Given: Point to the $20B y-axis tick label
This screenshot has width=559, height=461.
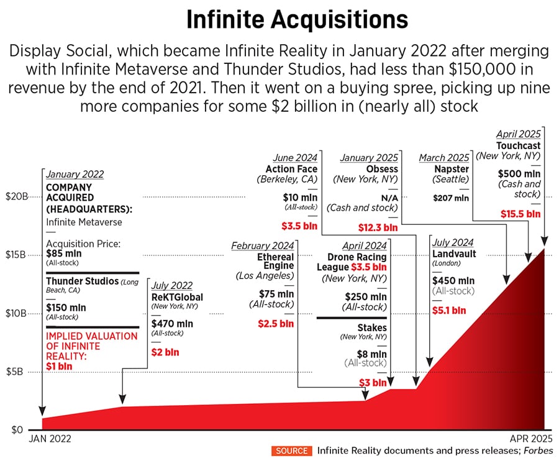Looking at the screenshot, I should point(16,196).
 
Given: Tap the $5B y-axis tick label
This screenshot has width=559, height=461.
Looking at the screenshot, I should point(16,372).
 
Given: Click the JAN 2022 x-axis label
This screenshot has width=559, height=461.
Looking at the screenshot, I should point(50,439).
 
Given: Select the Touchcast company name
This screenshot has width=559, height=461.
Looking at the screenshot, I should point(518,145).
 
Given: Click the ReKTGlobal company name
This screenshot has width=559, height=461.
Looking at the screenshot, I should point(177,297).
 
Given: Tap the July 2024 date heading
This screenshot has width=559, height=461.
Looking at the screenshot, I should point(452,242).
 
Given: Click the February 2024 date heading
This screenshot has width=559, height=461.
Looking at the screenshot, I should point(262,245).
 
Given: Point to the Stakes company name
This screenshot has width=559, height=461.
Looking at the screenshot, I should point(373,327).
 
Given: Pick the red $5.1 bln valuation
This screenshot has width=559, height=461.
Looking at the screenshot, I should point(448,310).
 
